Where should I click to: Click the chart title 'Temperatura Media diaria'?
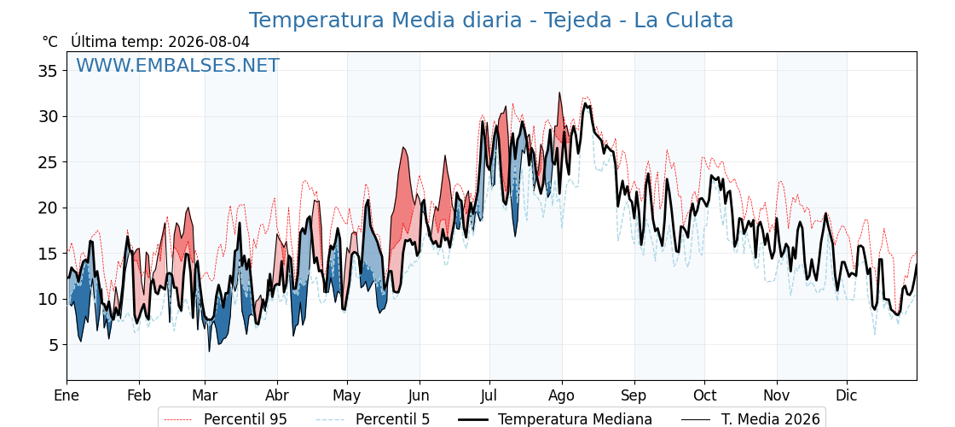click(385, 20)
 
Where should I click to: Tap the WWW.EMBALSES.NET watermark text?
click(178, 65)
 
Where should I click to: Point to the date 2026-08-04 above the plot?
click(208, 42)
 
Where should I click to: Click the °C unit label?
click(50, 42)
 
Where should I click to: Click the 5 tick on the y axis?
click(55, 345)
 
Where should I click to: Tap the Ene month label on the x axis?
click(67, 395)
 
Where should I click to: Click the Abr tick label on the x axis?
click(277, 395)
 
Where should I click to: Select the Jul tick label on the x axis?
click(489, 395)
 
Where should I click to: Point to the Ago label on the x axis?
click(562, 396)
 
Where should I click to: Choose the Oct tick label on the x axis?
click(704, 395)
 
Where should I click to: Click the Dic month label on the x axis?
click(847, 395)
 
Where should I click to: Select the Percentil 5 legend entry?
click(373, 419)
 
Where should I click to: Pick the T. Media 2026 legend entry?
click(750, 419)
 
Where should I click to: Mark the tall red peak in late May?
click(403, 148)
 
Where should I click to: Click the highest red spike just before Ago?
click(559, 93)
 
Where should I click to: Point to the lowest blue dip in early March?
click(210, 351)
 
